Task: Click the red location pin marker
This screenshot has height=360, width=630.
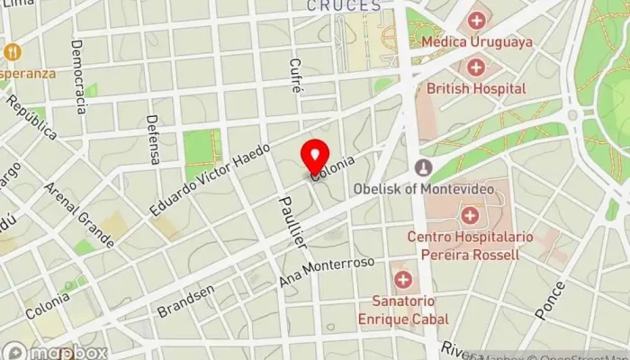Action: tap(315, 157)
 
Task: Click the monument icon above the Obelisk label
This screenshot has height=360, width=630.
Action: tap(423, 168)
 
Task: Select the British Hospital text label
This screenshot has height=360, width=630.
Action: tap(476, 89)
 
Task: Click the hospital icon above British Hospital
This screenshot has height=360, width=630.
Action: tap(476, 67)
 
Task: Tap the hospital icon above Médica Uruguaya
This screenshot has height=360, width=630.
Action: tap(476, 19)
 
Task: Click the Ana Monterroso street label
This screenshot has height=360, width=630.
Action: tap(326, 273)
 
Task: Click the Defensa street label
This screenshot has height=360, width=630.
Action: tap(153, 139)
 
